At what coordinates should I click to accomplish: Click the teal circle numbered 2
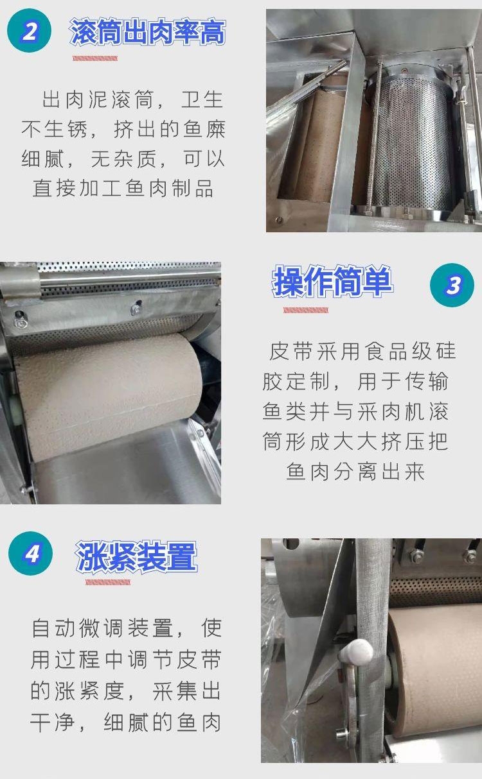[x=29, y=31]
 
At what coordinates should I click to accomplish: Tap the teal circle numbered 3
[x=452, y=285]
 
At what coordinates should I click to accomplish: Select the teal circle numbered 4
[x=31, y=553]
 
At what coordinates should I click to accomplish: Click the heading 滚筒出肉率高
[x=148, y=32]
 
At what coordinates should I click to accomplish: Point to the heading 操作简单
[x=333, y=281]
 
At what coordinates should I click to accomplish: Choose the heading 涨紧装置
[x=136, y=556]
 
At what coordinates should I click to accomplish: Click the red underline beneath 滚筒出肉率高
[x=95, y=58]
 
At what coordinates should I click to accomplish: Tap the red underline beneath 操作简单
[x=306, y=310]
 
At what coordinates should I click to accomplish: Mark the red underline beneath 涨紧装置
[x=108, y=582]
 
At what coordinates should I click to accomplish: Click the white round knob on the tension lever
[x=357, y=653]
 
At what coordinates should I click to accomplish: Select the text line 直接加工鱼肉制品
[x=123, y=189]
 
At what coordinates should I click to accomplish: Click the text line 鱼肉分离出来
[x=355, y=472]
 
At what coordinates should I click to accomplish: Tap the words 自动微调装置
[x=102, y=628]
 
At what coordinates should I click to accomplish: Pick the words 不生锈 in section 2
[x=55, y=129]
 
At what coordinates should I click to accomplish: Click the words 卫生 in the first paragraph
[x=202, y=99]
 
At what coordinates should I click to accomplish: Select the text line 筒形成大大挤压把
[x=355, y=441]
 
